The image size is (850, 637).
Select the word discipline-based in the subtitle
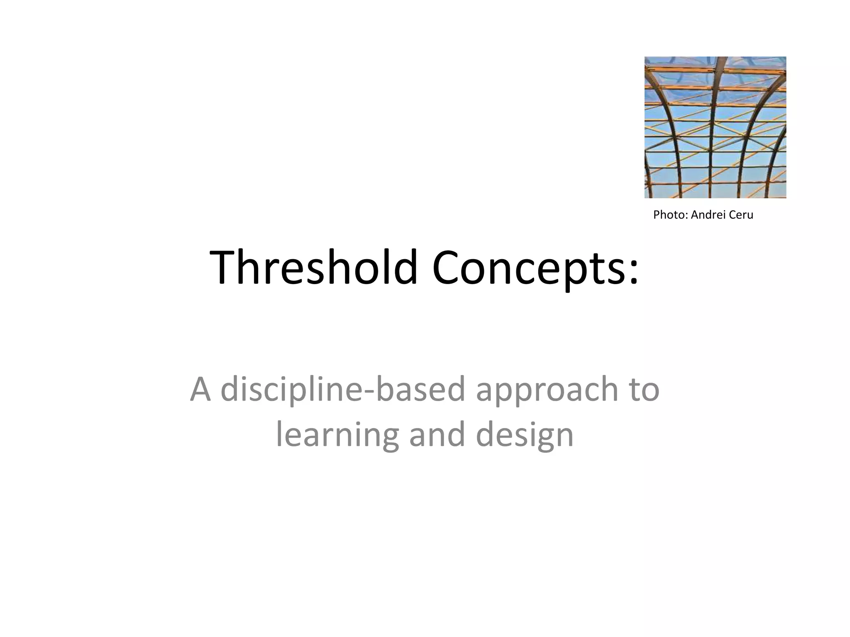tap(343, 390)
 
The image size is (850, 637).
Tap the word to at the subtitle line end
tap(645, 390)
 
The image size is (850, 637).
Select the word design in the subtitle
tap(525, 435)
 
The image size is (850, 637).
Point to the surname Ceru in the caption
tap(741, 215)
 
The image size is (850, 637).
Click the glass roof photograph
tap(715, 127)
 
